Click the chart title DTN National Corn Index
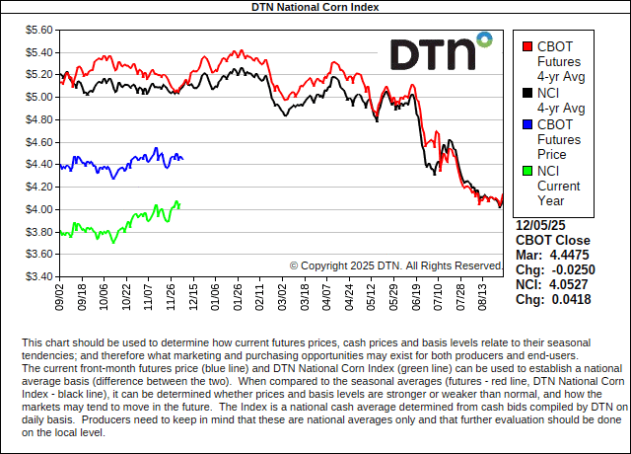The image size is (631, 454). point(315,7)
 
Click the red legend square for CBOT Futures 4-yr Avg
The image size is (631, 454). point(527,46)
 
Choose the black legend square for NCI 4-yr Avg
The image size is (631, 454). point(527,93)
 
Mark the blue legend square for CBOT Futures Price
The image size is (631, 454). point(527,124)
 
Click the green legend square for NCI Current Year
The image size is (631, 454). point(527,171)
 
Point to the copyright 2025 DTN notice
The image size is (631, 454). point(396,265)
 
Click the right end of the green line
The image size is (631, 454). point(179,203)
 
